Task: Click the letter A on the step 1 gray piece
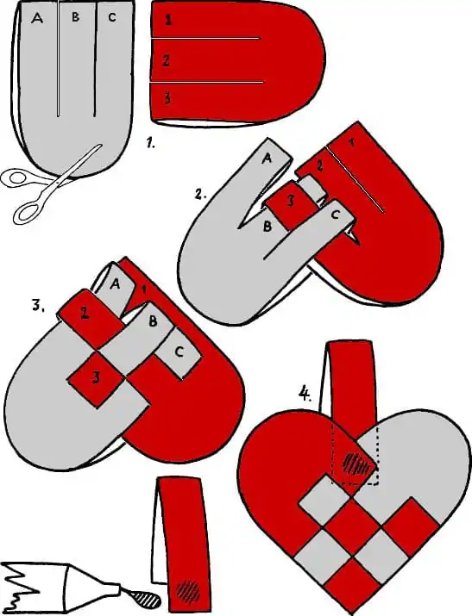tap(37, 18)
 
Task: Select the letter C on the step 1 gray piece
tap(112, 17)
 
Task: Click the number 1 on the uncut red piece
tap(168, 20)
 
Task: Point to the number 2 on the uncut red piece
tap(166, 61)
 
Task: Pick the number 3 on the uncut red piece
tap(167, 98)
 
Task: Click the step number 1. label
tap(150, 143)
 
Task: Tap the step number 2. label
tap(200, 194)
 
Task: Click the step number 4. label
tap(305, 393)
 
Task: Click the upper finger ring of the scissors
tap(16, 177)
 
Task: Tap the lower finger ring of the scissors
tap(28, 211)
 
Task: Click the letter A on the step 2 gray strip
tap(267, 159)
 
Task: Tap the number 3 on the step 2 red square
tap(291, 201)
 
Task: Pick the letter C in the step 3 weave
tap(179, 352)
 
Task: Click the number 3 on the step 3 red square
tap(96, 377)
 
